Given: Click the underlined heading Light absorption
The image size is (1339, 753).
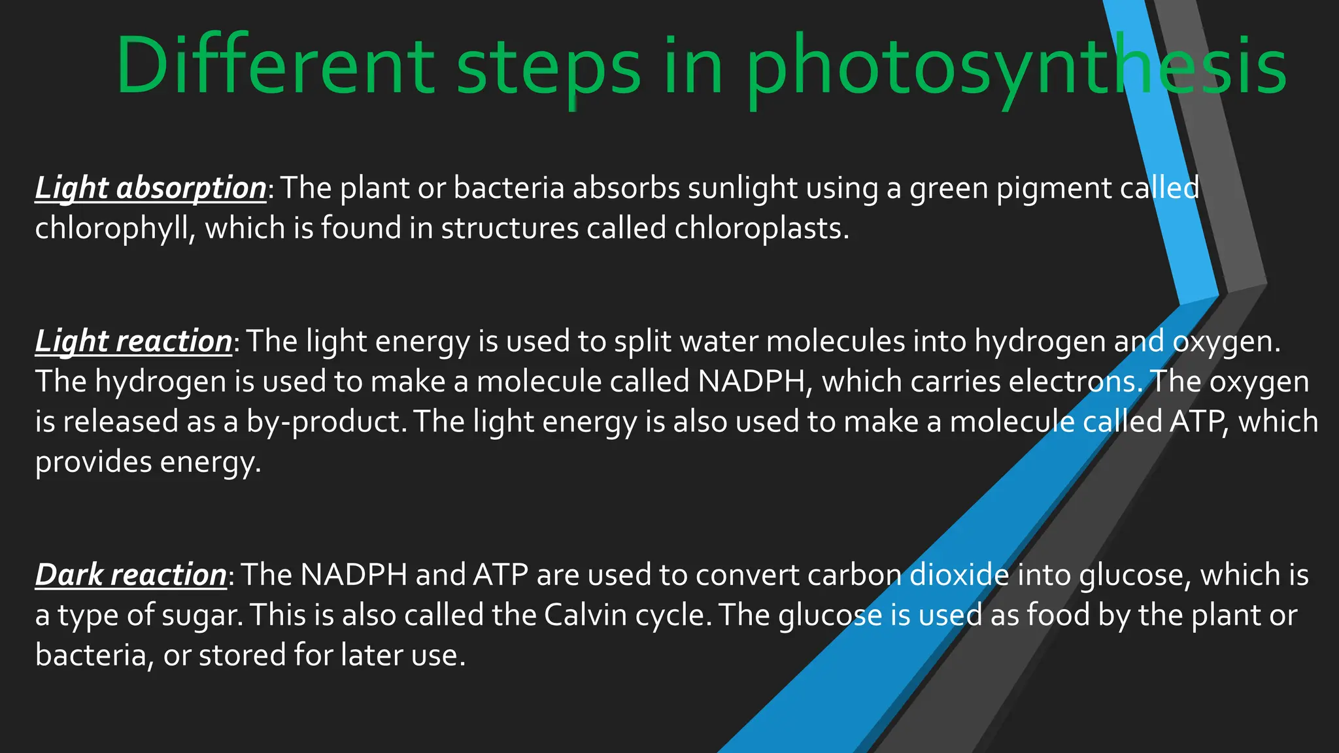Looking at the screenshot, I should point(150,188).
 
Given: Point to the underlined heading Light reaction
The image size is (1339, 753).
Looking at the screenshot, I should point(133,341).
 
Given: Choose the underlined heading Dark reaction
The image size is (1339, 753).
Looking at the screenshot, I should point(131,575).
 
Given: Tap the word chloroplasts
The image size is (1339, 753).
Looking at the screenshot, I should point(762,228).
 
